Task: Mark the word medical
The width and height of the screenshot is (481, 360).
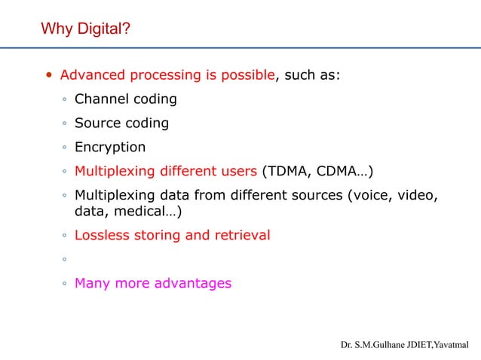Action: pyautogui.click(x=146, y=212)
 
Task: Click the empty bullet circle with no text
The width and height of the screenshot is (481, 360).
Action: pyautogui.click(x=66, y=260)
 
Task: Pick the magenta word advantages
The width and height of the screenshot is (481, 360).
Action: pyautogui.click(x=192, y=283)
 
